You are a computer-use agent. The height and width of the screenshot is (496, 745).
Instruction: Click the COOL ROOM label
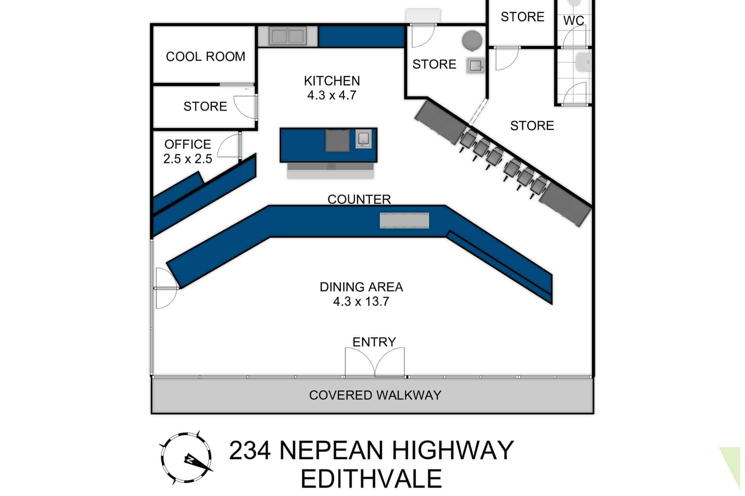[x=205, y=57]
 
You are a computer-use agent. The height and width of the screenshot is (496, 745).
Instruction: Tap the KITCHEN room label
[x=332, y=81]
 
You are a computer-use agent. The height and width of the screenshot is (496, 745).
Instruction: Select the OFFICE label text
[x=188, y=144]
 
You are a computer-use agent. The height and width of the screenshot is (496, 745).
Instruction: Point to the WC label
[x=573, y=20]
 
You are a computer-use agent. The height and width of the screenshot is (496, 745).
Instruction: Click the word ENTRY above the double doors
[x=374, y=342]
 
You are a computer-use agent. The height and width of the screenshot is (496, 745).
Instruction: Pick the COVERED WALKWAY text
[x=375, y=395]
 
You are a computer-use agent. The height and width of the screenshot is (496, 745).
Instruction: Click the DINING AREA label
[x=361, y=287]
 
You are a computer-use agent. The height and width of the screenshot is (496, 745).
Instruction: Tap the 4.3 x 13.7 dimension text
[x=361, y=301]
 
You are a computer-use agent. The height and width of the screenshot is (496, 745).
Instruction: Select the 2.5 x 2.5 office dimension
[x=188, y=159]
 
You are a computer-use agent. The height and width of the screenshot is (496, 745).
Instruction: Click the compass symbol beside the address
[x=187, y=458]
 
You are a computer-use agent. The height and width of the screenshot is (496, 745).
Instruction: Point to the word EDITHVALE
[x=371, y=479]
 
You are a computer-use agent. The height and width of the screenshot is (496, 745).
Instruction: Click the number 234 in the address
[x=250, y=450]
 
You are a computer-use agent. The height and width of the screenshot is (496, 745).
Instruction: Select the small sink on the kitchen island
[x=364, y=139]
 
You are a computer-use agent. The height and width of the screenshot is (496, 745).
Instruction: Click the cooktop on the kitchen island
[x=338, y=140]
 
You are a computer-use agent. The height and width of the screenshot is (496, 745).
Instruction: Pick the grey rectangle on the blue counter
[x=404, y=220]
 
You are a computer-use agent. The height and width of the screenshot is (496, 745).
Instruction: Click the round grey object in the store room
[x=472, y=40]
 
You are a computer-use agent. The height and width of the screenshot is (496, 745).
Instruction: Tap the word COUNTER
[x=359, y=199]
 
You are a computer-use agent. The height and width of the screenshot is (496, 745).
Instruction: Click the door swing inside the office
[x=229, y=145]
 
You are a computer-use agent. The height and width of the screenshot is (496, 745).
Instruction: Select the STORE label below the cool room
[x=205, y=106]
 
